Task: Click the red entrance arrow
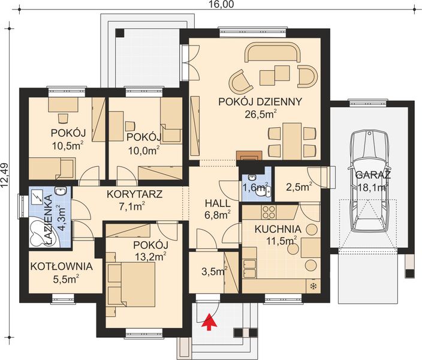[210, 321]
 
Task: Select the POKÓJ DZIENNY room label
[260, 102]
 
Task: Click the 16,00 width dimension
[221, 4]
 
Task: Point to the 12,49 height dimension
[5, 175]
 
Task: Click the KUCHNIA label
[278, 229]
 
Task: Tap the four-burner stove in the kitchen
[269, 212]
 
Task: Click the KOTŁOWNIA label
[62, 266]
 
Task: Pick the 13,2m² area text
[149, 256]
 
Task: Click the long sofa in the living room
[272, 52]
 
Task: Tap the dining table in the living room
[292, 141]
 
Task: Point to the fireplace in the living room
[249, 155]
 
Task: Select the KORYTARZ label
[134, 194]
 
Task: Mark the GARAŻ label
[373, 175]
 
